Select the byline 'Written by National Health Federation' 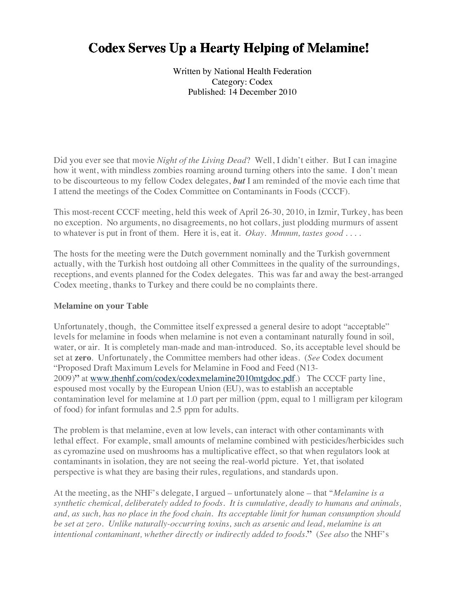click(242, 71)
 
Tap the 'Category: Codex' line click(242, 82)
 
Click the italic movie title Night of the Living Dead click(201, 160)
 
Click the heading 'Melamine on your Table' click(101, 306)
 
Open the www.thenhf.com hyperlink click(192, 378)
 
